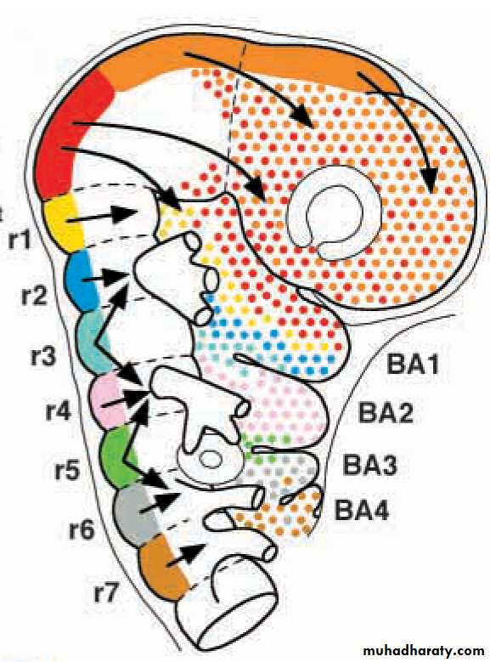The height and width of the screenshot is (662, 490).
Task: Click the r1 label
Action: coord(20,240)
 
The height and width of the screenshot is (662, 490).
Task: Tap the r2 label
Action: coord(34,296)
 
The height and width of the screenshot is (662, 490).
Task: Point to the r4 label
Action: coord(59,411)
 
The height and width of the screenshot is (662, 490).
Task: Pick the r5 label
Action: coord(68,470)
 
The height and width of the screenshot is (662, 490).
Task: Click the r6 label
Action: coord(82,529)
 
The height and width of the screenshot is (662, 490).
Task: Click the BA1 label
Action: coord(413,364)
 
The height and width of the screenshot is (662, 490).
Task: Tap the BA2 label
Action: coord(386,412)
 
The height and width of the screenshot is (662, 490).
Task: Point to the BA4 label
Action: coord(361,510)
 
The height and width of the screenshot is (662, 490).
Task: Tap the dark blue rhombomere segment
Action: coord(82,280)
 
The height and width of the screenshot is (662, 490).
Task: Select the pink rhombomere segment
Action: coord(109,399)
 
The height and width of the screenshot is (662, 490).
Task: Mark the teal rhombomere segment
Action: coord(93,342)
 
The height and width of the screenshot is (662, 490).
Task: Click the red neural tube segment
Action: coord(71,135)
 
